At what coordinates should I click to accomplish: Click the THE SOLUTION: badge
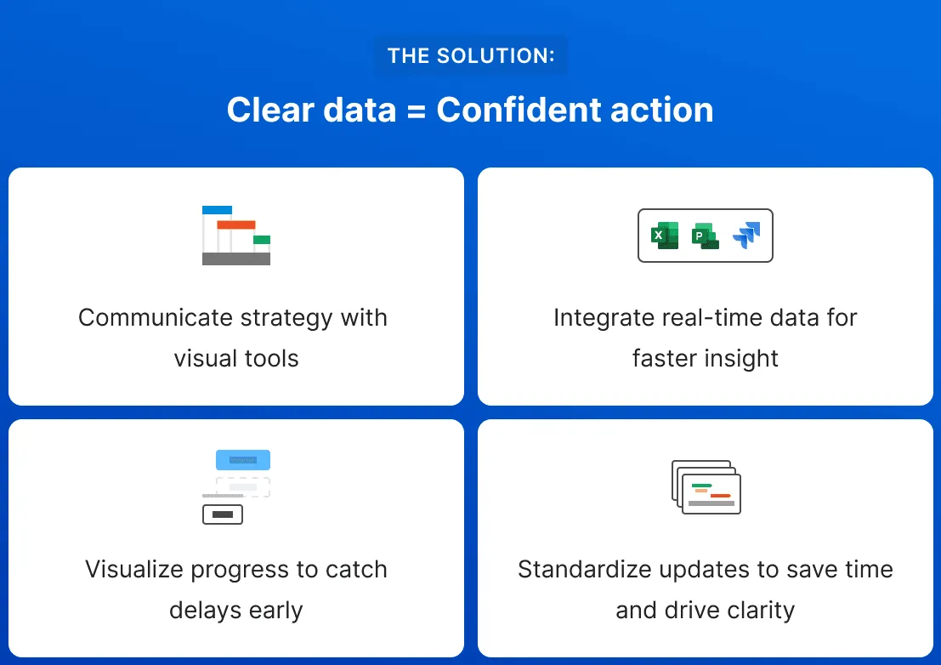[x=470, y=56]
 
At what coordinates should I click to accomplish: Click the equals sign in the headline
[x=416, y=111]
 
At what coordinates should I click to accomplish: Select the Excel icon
[x=664, y=236]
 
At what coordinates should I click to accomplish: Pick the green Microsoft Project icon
[x=705, y=236]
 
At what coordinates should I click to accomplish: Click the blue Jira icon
[x=746, y=236]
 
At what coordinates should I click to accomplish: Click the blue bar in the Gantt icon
[x=217, y=210]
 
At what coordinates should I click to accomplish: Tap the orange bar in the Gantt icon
[x=235, y=225]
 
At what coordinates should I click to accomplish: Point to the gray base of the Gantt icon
[x=235, y=259]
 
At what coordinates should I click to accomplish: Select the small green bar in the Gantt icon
[x=262, y=240]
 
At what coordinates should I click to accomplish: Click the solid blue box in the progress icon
[x=243, y=460]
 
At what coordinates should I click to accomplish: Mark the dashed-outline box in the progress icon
[x=243, y=487]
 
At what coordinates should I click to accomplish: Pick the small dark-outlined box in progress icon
[x=223, y=514]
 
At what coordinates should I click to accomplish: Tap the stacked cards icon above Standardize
[x=706, y=487]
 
